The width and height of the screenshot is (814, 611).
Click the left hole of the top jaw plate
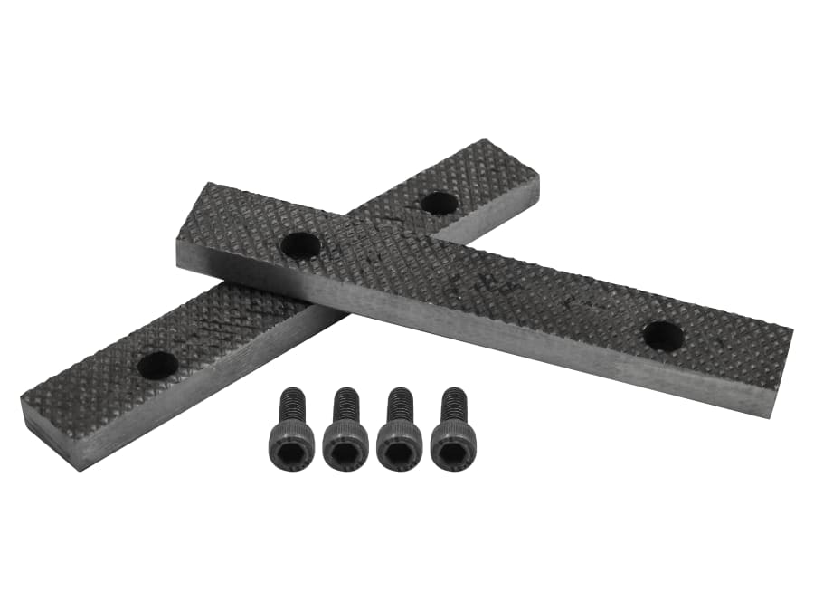click(x=300, y=244)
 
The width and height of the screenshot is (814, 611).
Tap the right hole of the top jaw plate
click(x=663, y=336)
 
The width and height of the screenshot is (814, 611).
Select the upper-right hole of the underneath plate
click(x=440, y=203)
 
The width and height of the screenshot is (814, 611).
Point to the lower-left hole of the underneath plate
click(x=158, y=365)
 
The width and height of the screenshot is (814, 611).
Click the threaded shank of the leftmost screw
click(x=294, y=403)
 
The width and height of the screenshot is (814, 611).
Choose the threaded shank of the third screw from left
click(x=399, y=404)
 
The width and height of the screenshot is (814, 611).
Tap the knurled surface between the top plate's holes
click(x=479, y=285)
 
